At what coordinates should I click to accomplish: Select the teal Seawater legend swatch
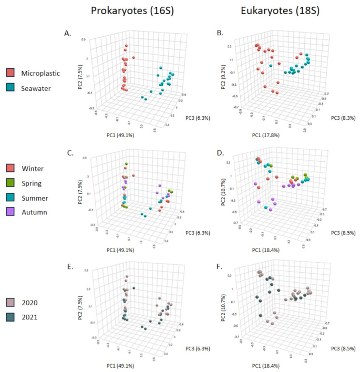11,88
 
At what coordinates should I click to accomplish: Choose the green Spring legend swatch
11,183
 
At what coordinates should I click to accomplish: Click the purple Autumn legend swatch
11,212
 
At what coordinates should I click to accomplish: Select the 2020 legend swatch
11,303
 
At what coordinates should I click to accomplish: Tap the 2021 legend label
31,317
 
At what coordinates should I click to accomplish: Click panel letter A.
68,33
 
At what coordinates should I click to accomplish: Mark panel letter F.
220,266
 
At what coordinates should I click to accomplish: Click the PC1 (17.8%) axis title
256,136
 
